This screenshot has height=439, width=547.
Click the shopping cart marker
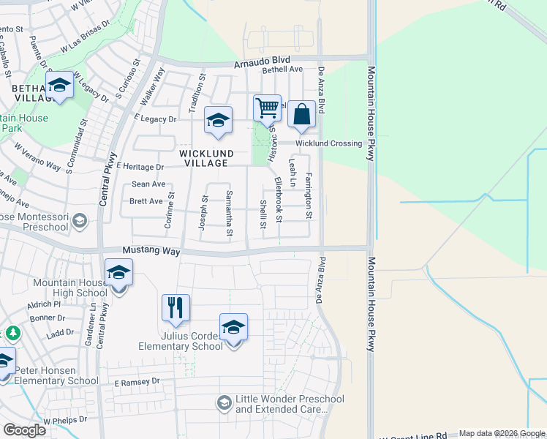pyautogui.click(x=267, y=108)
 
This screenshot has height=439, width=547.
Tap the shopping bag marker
pyautogui.click(x=301, y=115)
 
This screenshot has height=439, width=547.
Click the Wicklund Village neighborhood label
pyautogui.click(x=207, y=159)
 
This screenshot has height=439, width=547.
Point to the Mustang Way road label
pyautogui.click(x=151, y=251)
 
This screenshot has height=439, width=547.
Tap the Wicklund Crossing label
pyautogui.click(x=328, y=143)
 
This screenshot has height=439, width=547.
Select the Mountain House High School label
pyautogui.click(x=70, y=288)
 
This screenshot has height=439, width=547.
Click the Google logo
pyautogui.click(x=24, y=429)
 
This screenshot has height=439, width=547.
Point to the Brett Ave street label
pyautogui.click(x=146, y=201)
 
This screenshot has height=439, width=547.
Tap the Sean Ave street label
pyautogui.click(x=148, y=184)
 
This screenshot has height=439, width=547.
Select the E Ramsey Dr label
pyautogui.click(x=137, y=382)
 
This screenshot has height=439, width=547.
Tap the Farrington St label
pyautogui.click(x=309, y=195)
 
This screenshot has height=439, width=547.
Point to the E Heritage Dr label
pyautogui.click(x=139, y=167)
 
